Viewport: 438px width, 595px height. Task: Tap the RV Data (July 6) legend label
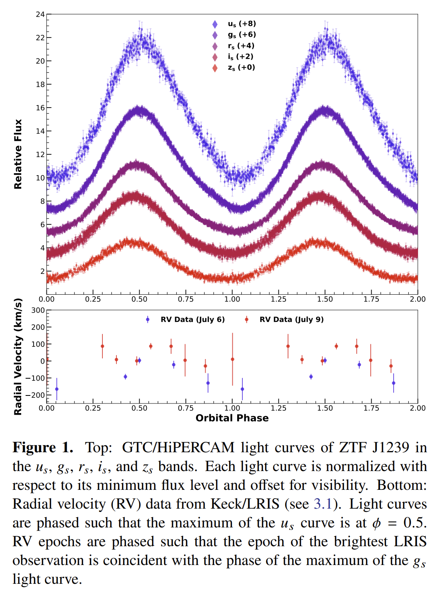click(x=192, y=319)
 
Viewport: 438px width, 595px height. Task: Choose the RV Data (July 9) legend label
click(x=291, y=319)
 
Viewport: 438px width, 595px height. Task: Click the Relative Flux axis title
click(x=18, y=154)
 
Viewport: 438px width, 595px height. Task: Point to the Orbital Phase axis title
click(x=232, y=418)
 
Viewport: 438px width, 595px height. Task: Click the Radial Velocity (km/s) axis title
click(x=18, y=357)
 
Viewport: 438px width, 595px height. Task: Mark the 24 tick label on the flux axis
click(x=40, y=14)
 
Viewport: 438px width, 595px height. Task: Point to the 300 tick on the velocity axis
click(x=38, y=310)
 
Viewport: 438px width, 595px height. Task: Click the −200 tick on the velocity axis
click(x=36, y=395)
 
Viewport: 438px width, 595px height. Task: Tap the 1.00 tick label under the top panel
click(x=232, y=299)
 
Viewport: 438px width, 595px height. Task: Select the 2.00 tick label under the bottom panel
click(x=418, y=408)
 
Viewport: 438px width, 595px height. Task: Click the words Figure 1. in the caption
click(x=43, y=447)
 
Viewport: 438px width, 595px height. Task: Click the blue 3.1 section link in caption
click(x=323, y=504)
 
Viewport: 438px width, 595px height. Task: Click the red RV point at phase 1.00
click(x=232, y=359)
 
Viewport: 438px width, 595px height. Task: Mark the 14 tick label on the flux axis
click(x=40, y=131)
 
